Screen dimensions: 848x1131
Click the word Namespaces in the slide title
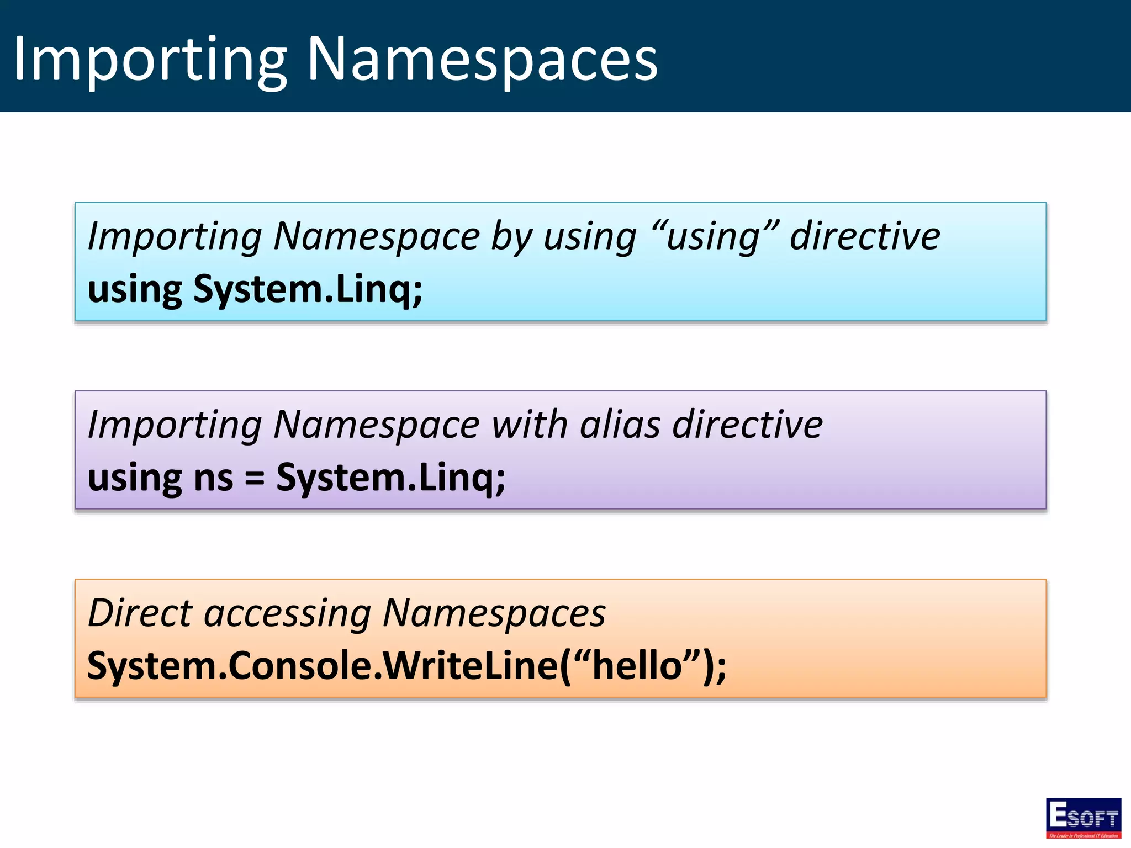(x=482, y=60)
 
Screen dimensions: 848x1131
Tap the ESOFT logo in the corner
(x=1083, y=818)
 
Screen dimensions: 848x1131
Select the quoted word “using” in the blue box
(x=715, y=236)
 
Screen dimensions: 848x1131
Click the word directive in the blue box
(x=865, y=236)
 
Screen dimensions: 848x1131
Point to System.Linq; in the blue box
(x=308, y=289)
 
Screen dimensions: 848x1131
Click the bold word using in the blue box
(x=135, y=289)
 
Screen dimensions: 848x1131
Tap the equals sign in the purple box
(x=255, y=478)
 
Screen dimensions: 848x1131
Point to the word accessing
(x=287, y=614)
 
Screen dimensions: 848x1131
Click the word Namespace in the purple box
(x=377, y=425)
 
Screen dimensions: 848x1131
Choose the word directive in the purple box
(x=747, y=425)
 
